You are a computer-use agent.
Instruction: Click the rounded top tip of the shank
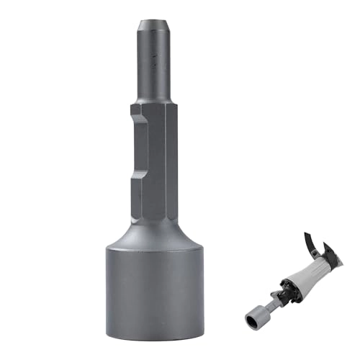point(156,25)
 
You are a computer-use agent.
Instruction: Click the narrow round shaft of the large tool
point(156,79)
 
